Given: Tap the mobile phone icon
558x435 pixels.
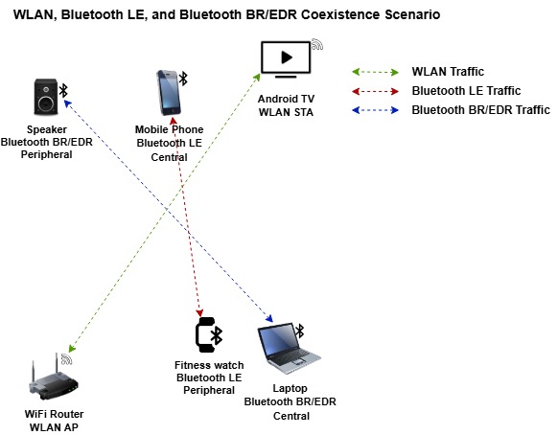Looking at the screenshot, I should click(169, 94).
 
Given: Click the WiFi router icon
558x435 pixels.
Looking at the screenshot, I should click(47, 381).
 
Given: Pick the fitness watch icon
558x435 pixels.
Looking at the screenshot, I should click(205, 334).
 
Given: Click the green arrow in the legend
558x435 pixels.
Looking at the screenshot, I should click(376, 72).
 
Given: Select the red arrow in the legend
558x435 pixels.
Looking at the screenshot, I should click(376, 91).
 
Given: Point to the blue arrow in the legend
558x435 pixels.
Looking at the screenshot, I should click(376, 110).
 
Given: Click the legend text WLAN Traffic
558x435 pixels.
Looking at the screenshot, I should click(448, 72).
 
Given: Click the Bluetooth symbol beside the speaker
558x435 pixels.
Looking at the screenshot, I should click(64, 90).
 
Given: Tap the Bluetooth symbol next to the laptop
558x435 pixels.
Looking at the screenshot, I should click(299, 331).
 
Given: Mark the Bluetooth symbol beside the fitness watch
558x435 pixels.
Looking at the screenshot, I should click(218, 334).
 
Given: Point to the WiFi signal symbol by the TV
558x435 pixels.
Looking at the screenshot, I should click(317, 46).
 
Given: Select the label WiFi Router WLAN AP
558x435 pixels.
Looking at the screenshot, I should click(52, 420).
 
